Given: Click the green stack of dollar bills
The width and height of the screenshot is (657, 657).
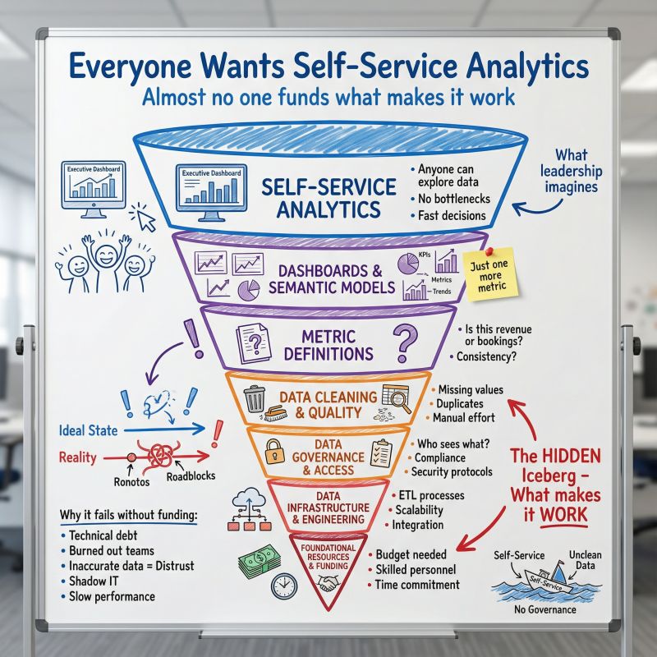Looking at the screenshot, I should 259,561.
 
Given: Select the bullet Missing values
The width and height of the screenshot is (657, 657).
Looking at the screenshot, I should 471,389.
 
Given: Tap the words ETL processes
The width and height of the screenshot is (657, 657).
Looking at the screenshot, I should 430,495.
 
